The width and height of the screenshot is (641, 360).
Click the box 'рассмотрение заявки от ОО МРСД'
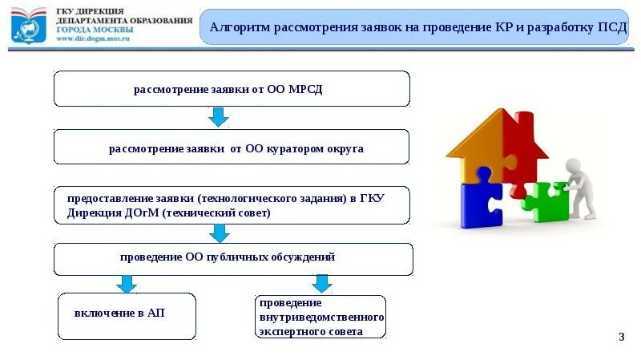pos(231,88)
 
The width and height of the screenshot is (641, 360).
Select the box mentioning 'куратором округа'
pos(231,148)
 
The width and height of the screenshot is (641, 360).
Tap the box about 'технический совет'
pos(231,205)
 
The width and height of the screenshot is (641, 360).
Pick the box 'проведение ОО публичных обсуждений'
pos(232,258)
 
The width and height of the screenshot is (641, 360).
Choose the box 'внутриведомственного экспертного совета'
pos(321,317)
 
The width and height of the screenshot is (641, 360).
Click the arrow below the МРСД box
pos(218,118)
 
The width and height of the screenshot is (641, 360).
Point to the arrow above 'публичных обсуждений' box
pos(219,233)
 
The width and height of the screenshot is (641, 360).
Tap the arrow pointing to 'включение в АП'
pos(127,284)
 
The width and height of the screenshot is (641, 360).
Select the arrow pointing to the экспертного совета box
pos(321,283)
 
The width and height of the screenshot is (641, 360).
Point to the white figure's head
pos(573,166)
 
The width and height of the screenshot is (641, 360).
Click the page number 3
pos(621,336)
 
